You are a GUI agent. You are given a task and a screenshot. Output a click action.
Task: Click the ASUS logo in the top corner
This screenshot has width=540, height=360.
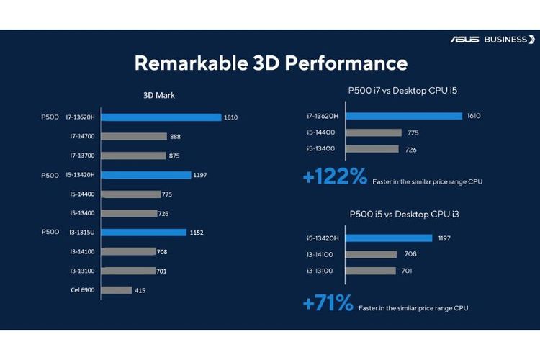(465, 40)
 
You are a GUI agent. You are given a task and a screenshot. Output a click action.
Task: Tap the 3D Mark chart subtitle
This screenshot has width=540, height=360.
(160, 94)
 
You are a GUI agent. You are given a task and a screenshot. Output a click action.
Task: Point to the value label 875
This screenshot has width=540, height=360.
(174, 156)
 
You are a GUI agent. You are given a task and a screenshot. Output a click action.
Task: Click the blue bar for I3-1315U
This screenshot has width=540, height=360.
(144, 233)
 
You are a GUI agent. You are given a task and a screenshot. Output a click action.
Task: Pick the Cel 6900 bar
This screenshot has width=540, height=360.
(117, 290)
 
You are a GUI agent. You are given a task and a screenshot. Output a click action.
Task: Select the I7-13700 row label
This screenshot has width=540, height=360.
(82, 156)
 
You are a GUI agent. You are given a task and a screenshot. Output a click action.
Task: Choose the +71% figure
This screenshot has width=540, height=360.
(328, 304)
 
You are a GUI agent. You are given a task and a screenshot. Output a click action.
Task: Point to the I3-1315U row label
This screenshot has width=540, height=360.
(83, 233)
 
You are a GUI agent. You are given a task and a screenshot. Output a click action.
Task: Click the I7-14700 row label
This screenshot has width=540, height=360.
(82, 136)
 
